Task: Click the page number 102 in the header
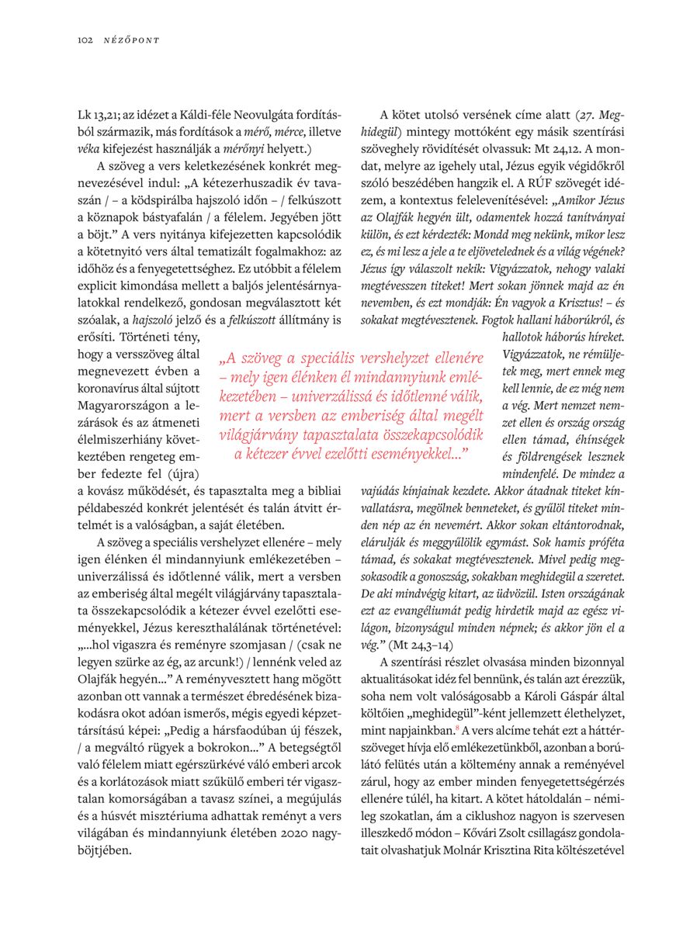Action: pyautogui.click(x=85, y=40)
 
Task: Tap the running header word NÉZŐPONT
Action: pyautogui.click(x=130, y=40)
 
